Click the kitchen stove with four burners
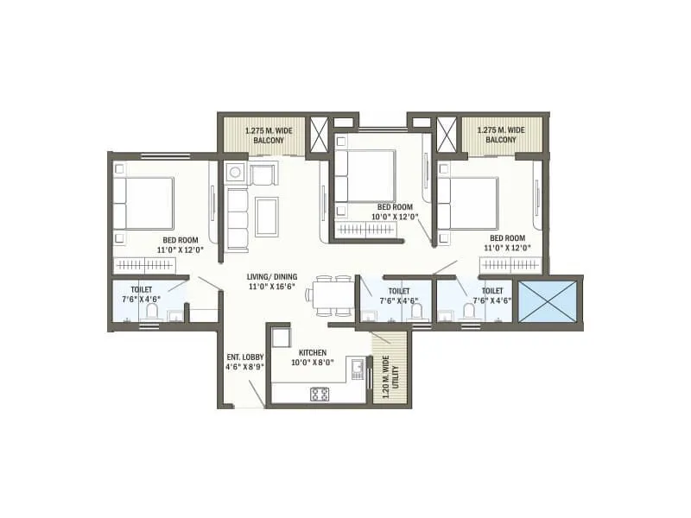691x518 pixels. pos(319,394)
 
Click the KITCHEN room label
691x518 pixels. pos(311,353)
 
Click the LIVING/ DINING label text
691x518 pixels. pos(272,277)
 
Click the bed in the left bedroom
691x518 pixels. pos(144,204)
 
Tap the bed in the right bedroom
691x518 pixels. pos(468,203)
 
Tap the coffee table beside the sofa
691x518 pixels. pos(266,216)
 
